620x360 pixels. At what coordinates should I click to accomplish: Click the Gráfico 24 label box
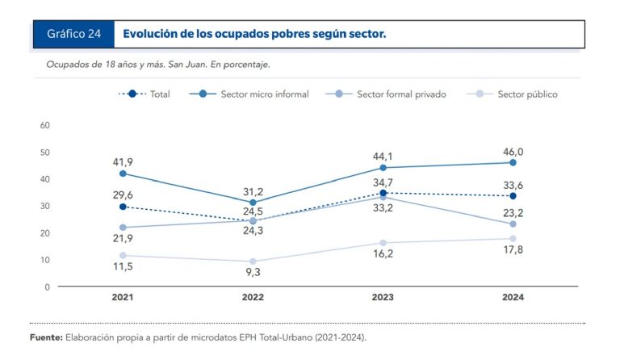pos(73,34)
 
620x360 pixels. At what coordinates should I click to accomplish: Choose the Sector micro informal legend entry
pos(254,94)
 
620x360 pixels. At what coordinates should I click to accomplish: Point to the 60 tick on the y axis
pos(45,125)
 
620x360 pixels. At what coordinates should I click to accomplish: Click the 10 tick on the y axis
pos(45,260)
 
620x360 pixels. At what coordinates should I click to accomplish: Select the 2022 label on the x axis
pos(253,298)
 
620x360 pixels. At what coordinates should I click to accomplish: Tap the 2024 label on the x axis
pos(513,298)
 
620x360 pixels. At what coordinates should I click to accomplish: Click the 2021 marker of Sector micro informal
pos(123,174)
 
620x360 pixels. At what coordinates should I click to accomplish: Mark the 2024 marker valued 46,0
pos(513,162)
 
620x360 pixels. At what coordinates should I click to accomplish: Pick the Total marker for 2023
pos(383,193)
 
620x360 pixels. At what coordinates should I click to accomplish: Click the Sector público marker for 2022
pos(253,262)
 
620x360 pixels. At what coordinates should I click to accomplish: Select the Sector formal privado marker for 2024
pos(513,224)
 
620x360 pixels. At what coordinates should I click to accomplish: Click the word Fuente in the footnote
pos(44,337)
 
